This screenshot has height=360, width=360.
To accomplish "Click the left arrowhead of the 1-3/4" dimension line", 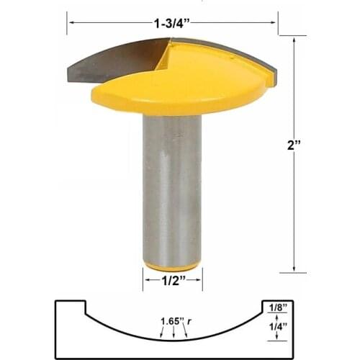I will click(70, 22).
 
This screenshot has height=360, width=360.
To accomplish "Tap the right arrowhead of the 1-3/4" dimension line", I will click(274, 22).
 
